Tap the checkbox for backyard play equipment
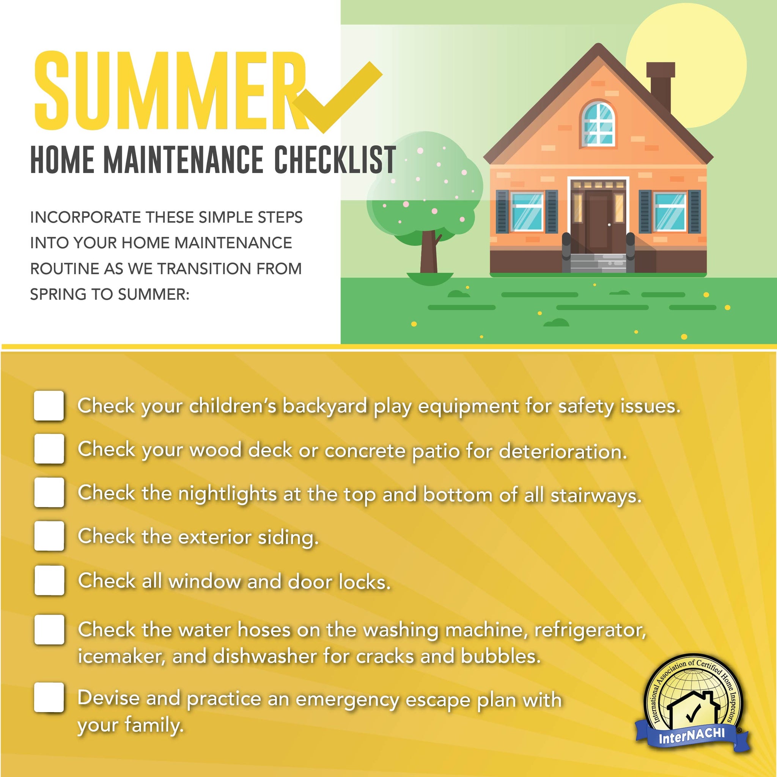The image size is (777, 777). (49, 406)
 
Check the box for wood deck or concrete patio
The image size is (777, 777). (49, 449)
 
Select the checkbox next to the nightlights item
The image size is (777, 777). (49, 492)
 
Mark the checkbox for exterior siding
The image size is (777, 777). (49, 536)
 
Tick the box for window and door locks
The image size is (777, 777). (49, 580)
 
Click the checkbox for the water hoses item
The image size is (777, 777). (49, 629)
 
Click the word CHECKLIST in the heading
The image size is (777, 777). (335, 160)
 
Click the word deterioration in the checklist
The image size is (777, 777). (563, 451)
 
